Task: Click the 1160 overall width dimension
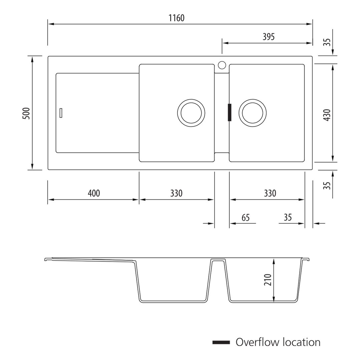(176, 18)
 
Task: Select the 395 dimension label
(268, 37)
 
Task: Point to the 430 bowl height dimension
(327, 115)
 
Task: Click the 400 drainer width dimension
(94, 193)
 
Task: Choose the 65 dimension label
(246, 218)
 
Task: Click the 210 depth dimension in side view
(268, 280)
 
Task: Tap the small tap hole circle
(222, 65)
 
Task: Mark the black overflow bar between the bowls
(229, 112)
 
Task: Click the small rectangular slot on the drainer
(61, 113)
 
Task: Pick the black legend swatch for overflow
(221, 342)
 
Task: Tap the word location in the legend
(301, 342)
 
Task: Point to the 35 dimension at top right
(327, 42)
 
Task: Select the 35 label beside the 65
(288, 217)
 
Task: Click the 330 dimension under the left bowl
(176, 193)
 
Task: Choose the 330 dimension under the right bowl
(270, 193)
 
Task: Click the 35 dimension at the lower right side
(327, 185)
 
